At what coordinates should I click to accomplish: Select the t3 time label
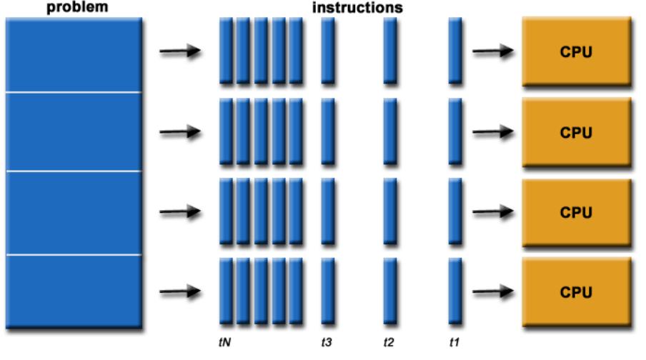(327, 342)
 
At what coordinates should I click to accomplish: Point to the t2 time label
(389, 342)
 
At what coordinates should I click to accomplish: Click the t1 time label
(454, 342)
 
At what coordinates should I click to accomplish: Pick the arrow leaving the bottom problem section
(179, 291)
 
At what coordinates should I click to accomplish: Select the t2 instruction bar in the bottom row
(390, 291)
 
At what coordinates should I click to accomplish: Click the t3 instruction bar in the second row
(328, 131)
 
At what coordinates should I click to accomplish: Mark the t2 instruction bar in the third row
(390, 211)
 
